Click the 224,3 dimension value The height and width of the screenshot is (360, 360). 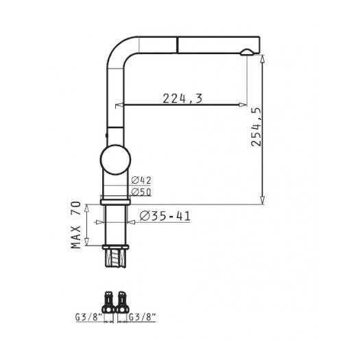pyautogui.click(x=182, y=98)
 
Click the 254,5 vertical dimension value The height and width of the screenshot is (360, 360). pyautogui.click(x=256, y=127)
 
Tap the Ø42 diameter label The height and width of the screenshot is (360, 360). pyautogui.click(x=141, y=180)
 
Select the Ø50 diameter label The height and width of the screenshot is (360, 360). pyautogui.click(x=141, y=192)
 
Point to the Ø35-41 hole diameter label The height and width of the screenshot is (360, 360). pyautogui.click(x=165, y=216)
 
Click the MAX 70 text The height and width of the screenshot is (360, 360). pyautogui.click(x=76, y=225)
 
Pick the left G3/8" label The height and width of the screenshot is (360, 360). pyautogui.click(x=89, y=317)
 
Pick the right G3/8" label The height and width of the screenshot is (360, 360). pyautogui.click(x=142, y=317)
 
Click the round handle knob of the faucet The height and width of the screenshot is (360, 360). pyautogui.click(x=115, y=160)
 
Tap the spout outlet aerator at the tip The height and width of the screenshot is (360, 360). pyautogui.click(x=247, y=53)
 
